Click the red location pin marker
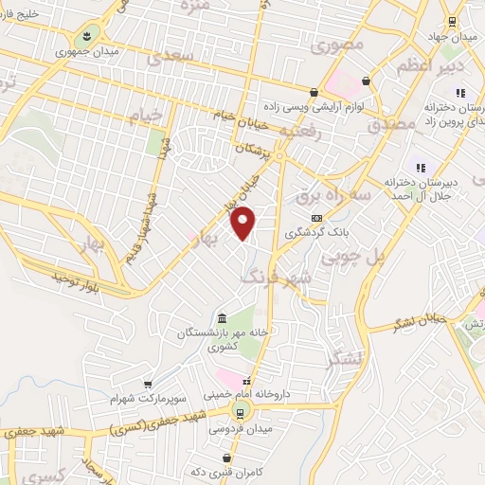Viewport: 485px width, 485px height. tap(243, 224)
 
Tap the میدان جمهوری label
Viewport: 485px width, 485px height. tap(88, 51)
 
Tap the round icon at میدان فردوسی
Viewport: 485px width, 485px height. tap(240, 411)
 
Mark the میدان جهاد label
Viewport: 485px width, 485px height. tap(453, 37)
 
